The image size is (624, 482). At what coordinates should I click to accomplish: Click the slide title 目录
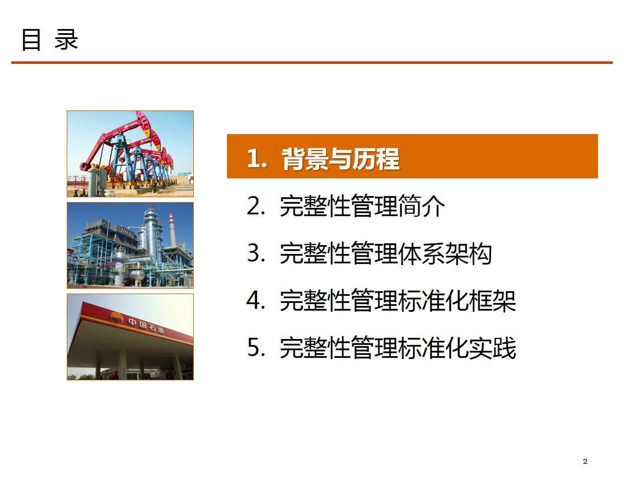coord(50,40)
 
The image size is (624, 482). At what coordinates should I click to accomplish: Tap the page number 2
coord(584,461)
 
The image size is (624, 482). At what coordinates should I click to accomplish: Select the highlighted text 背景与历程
coord(340,159)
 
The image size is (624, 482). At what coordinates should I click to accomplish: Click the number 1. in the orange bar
coord(256,159)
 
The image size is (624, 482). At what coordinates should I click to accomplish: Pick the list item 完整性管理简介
coord(362,206)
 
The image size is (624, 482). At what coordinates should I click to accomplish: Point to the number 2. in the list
coord(256,206)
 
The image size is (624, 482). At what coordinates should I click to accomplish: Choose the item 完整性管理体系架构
coord(386,253)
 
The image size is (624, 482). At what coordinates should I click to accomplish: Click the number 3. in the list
coord(256,253)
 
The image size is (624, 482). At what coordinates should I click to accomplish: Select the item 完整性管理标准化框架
coord(398,301)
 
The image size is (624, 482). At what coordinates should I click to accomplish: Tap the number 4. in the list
coord(256,301)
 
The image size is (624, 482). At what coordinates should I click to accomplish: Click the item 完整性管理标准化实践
coord(398,348)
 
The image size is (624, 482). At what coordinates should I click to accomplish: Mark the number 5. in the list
coord(256,348)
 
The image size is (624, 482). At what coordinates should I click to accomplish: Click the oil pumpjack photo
coord(130,154)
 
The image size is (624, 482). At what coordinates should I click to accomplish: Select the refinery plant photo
coord(130,245)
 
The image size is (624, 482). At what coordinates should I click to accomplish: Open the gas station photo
coord(130,337)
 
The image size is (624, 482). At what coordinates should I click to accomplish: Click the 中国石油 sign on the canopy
coord(145,324)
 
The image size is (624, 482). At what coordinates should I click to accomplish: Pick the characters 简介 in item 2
coord(421,206)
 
